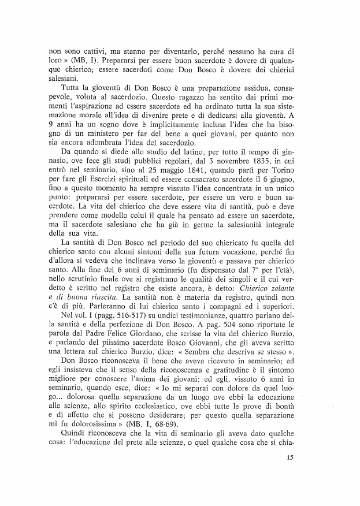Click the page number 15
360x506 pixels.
pyautogui.click(x=290, y=475)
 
